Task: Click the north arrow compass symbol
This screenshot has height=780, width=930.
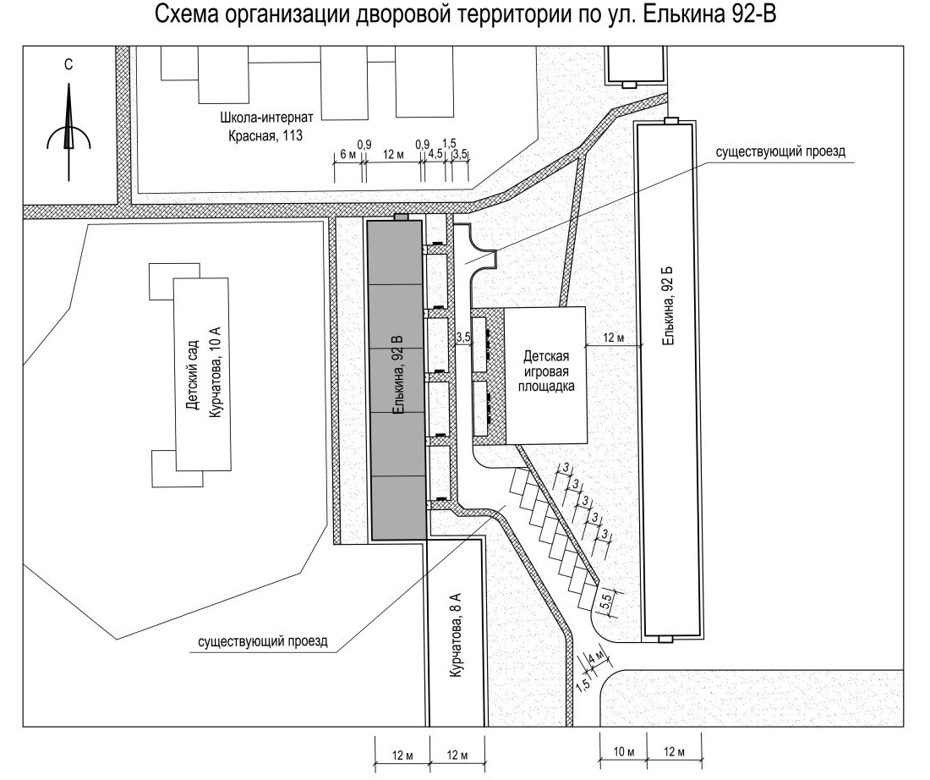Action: (68, 134)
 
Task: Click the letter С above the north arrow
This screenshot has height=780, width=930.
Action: (68, 64)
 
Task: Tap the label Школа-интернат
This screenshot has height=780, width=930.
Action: (266, 117)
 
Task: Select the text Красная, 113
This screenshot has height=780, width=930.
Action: (265, 136)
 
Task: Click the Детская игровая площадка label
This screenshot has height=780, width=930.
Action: (545, 371)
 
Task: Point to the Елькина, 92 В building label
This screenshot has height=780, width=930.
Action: (398, 375)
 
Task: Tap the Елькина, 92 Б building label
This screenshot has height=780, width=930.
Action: (669, 305)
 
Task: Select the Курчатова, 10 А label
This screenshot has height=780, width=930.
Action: (215, 372)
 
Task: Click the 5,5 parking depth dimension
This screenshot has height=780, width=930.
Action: (606, 602)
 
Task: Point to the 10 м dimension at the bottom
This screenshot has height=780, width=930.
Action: (623, 752)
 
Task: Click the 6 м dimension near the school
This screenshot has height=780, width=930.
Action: (348, 155)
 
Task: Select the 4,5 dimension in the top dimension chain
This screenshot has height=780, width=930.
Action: (435, 154)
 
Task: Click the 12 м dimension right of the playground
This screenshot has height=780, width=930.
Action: (614, 338)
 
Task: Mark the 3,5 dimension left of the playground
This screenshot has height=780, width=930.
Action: (463, 338)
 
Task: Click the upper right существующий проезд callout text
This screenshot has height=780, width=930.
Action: (780, 152)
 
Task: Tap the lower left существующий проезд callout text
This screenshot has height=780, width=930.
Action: (263, 642)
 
